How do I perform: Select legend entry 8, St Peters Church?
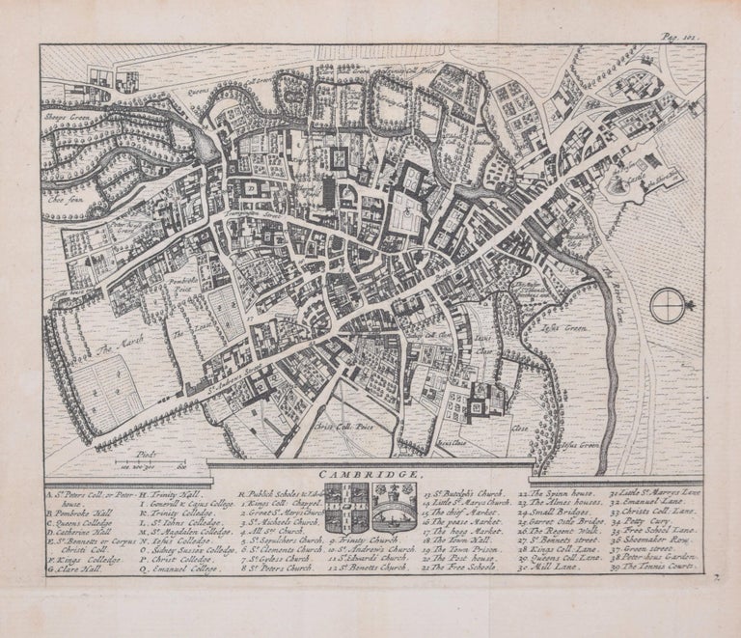[x=280, y=570]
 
